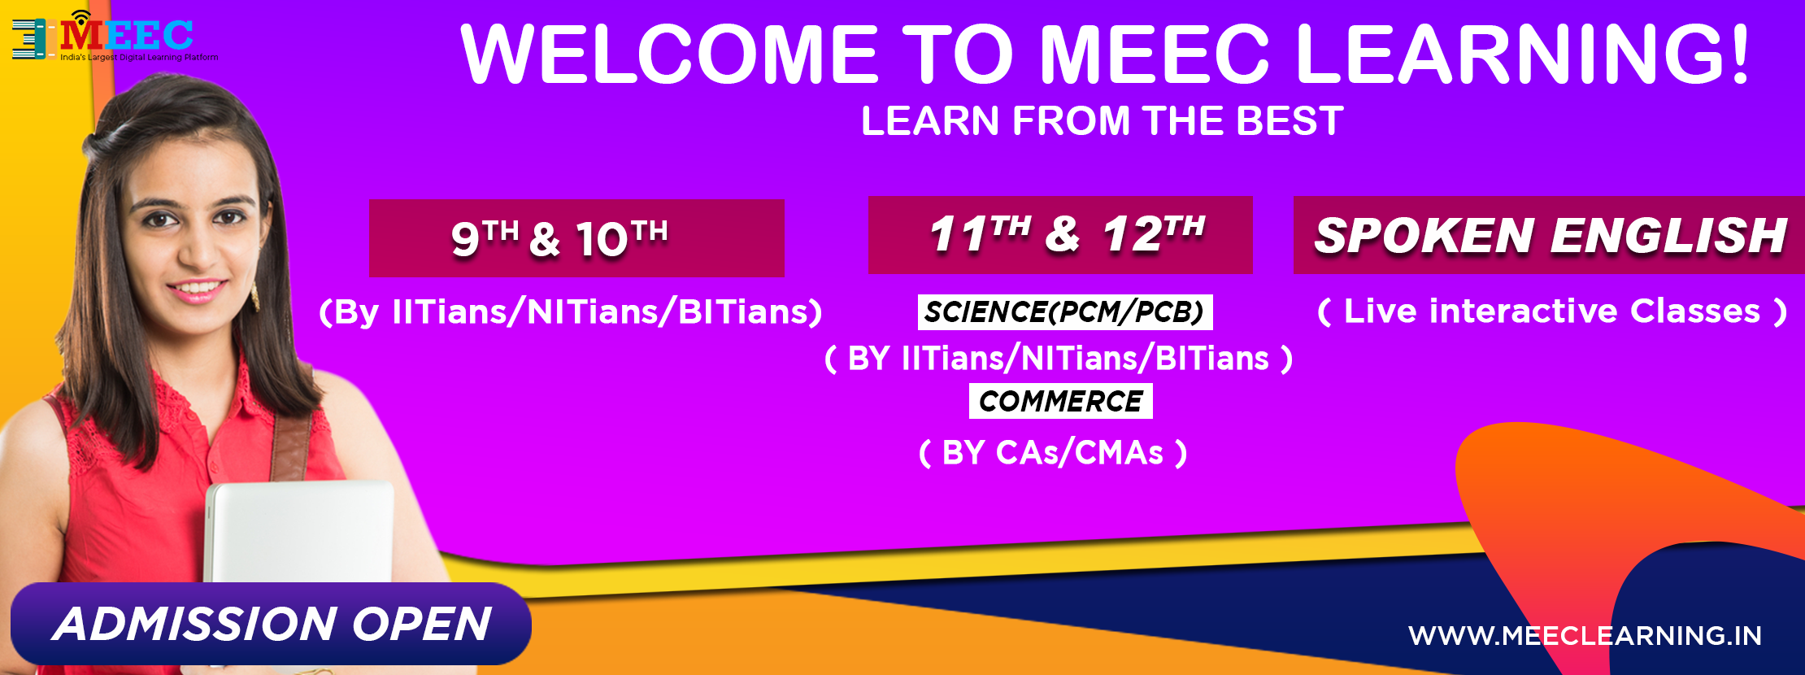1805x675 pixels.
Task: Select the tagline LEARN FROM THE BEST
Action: coord(1102,121)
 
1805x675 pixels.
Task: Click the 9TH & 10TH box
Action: coord(576,238)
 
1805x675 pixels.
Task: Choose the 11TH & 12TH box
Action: coord(1060,235)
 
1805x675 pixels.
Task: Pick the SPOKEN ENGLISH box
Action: coord(1549,235)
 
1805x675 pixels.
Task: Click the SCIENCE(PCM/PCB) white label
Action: coord(1065,312)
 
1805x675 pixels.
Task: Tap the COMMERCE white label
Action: coord(1061,401)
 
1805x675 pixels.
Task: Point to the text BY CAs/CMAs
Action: coord(1053,453)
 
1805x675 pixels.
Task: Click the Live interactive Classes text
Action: coord(1552,311)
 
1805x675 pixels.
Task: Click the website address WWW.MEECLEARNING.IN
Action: coord(1585,635)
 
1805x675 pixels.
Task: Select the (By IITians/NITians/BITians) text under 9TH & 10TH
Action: coord(571,312)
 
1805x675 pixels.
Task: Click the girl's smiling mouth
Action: coord(196,289)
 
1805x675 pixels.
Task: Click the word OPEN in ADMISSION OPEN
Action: coord(421,624)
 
